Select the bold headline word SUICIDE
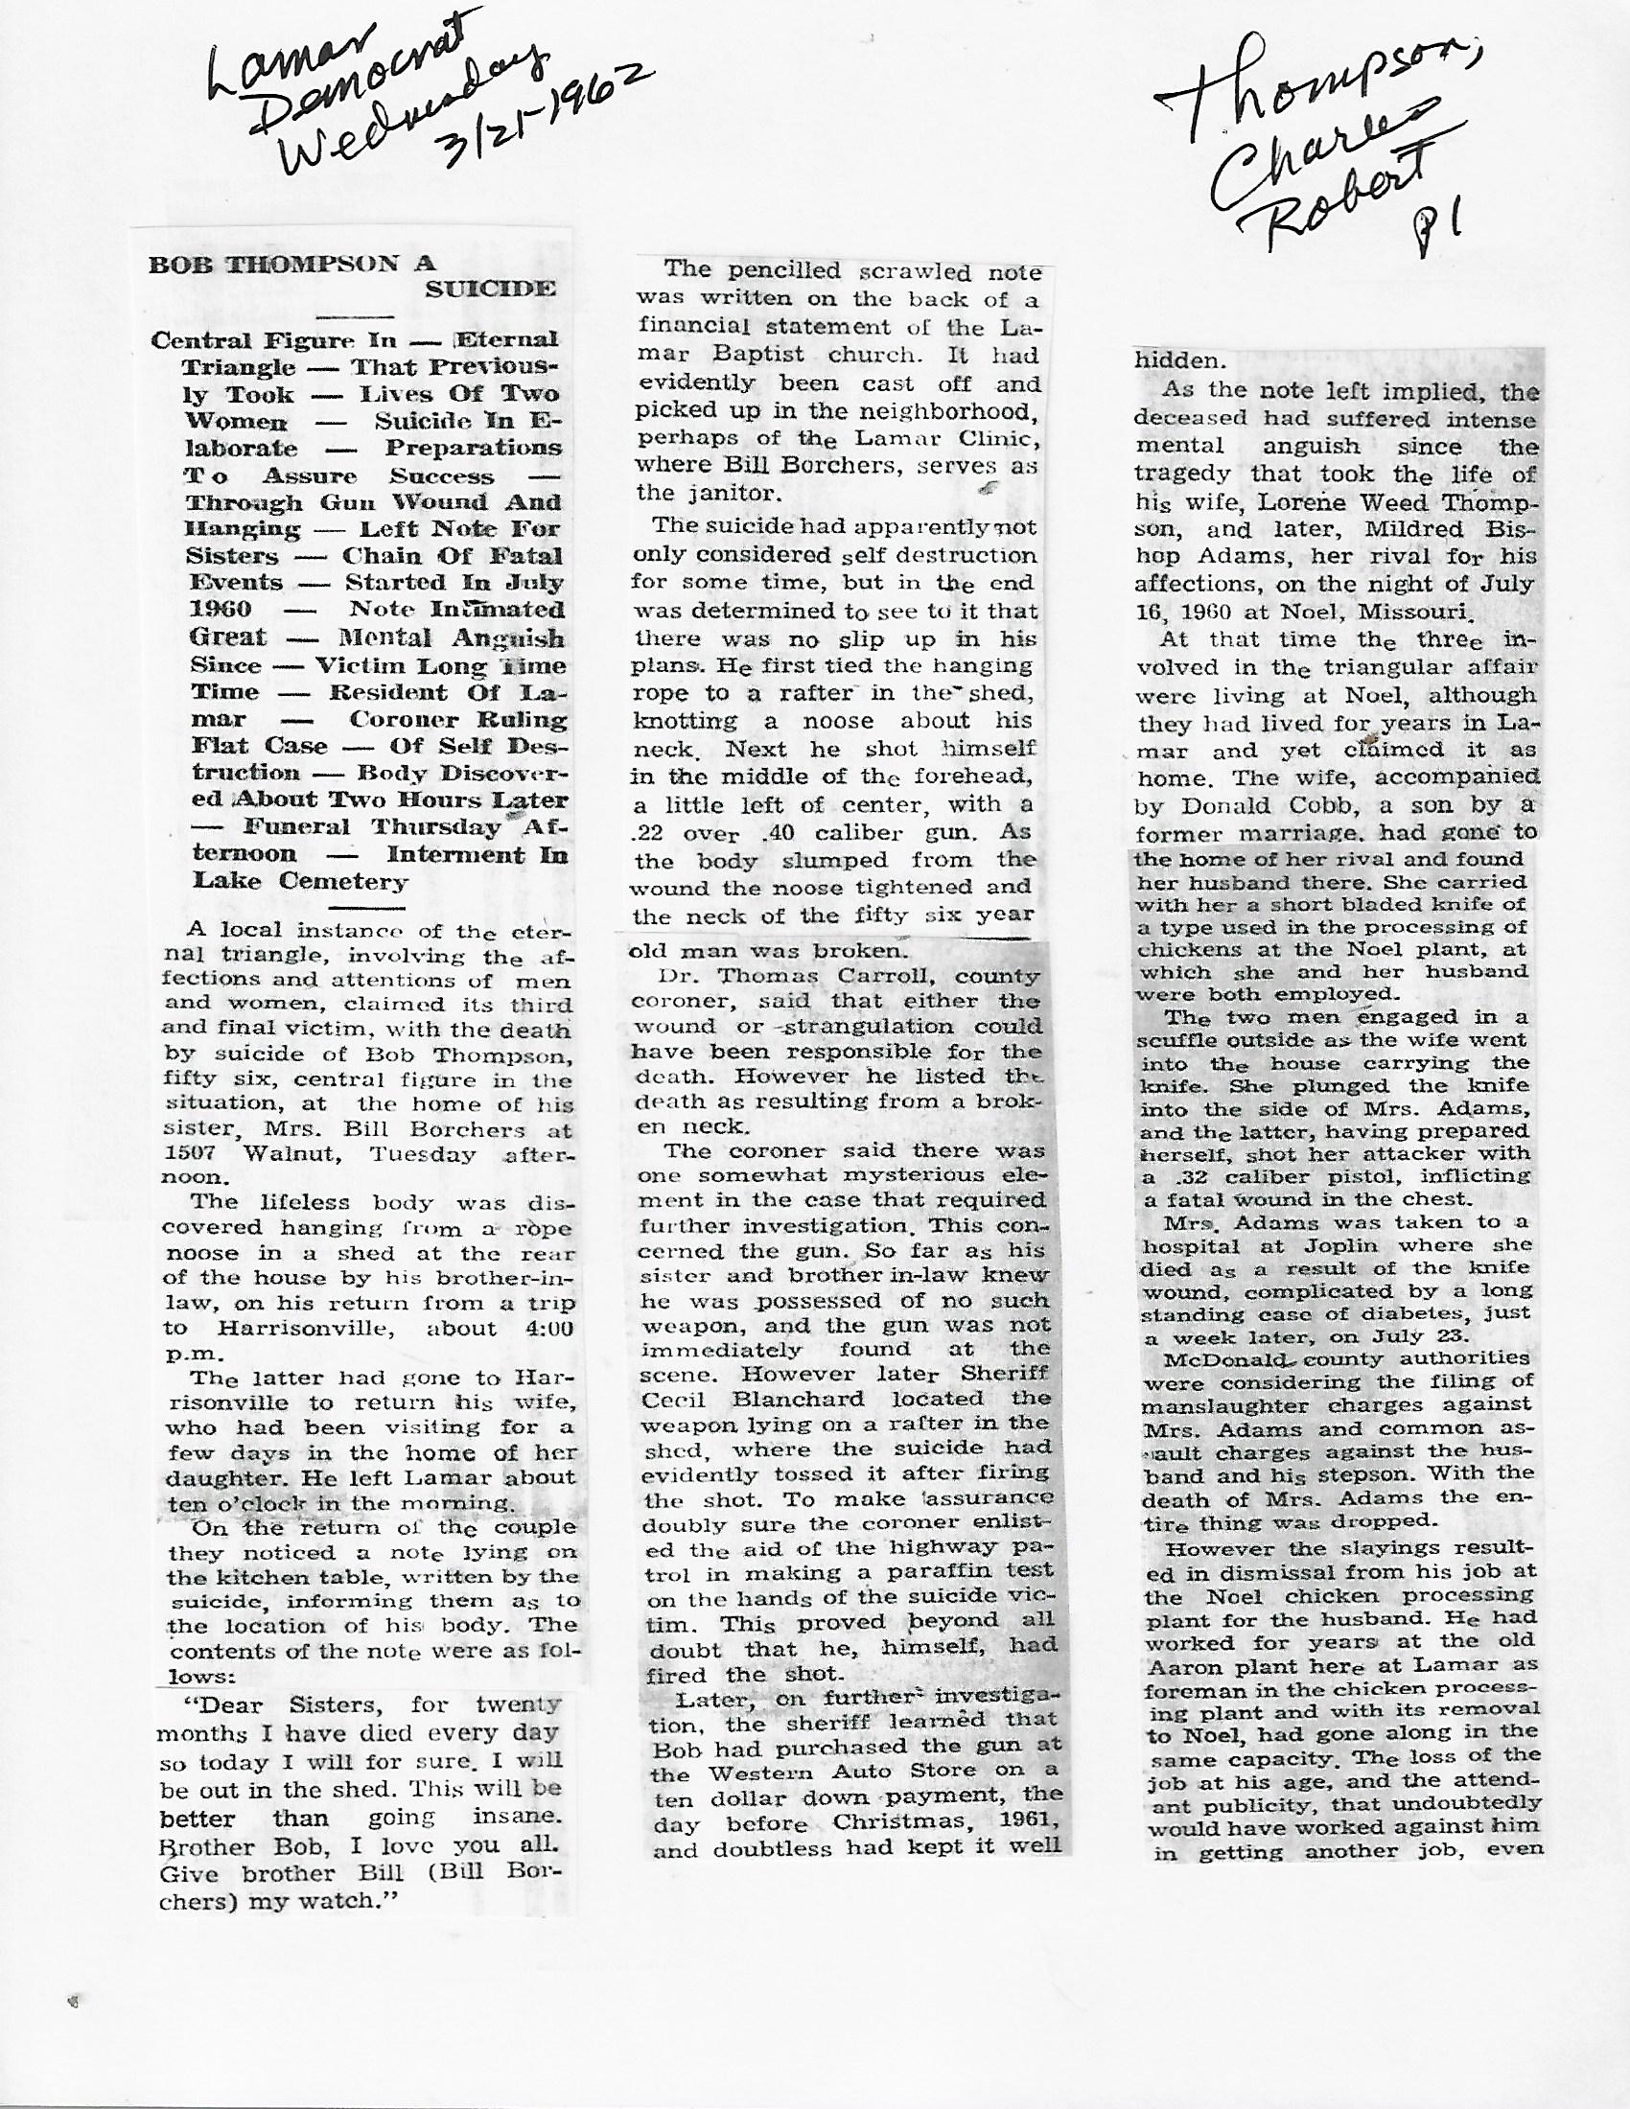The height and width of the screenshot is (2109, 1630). (x=496, y=289)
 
